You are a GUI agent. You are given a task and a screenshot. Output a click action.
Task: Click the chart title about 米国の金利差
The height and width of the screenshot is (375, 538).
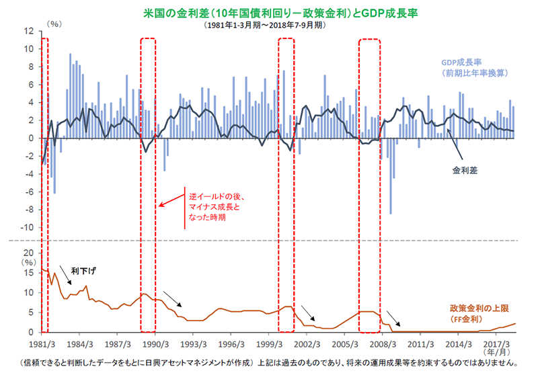pyautogui.click(x=269, y=12)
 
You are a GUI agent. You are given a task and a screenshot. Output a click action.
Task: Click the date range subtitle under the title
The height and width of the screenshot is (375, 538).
pyautogui.click(x=269, y=25)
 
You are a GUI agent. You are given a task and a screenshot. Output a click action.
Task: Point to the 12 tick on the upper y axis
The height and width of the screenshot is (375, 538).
pyautogui.click(x=29, y=31)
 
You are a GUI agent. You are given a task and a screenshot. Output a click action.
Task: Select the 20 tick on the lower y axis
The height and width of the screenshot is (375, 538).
pyautogui.click(x=29, y=253)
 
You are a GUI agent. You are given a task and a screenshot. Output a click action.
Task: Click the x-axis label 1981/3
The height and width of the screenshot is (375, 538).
pyautogui.click(x=42, y=343)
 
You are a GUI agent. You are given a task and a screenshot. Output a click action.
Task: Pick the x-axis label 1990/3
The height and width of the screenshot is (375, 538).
pyautogui.click(x=155, y=343)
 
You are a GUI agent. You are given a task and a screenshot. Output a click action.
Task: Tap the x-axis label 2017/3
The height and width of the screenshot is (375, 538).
pyautogui.click(x=496, y=343)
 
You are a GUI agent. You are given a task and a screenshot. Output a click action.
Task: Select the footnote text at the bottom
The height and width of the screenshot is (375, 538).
pyautogui.click(x=269, y=364)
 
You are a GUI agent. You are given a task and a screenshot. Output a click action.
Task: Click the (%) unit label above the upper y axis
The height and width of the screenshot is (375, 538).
pyautogui.click(x=54, y=23)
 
